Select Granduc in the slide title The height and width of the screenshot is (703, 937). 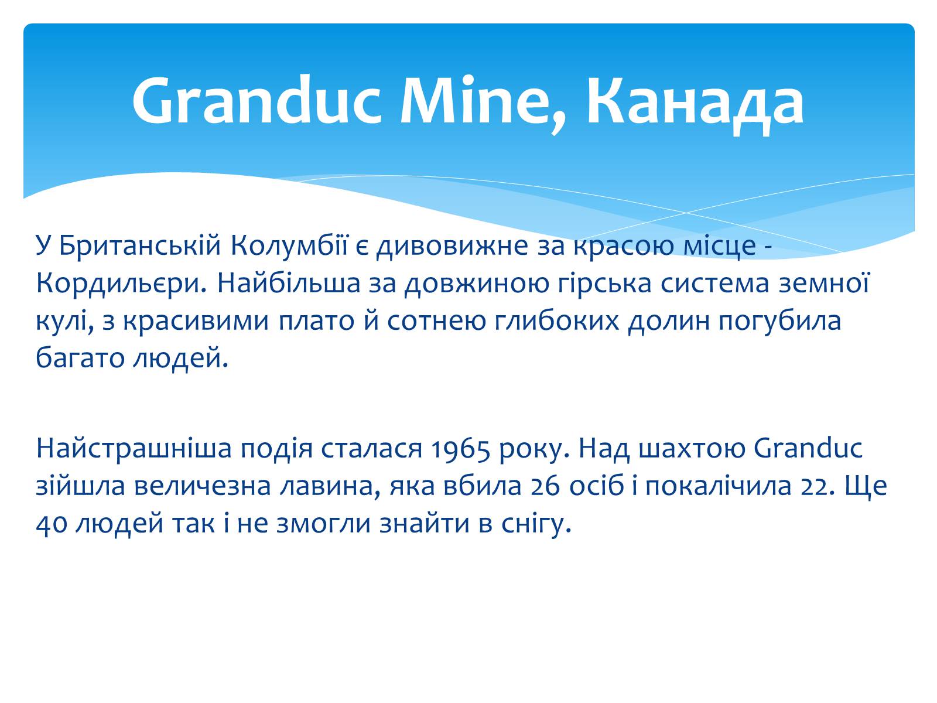click(256, 101)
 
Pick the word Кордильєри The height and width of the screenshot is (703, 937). click(121, 284)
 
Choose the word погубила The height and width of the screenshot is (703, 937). click(780, 321)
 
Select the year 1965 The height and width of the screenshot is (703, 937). click(460, 449)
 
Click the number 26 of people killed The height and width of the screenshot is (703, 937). click(545, 486)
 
